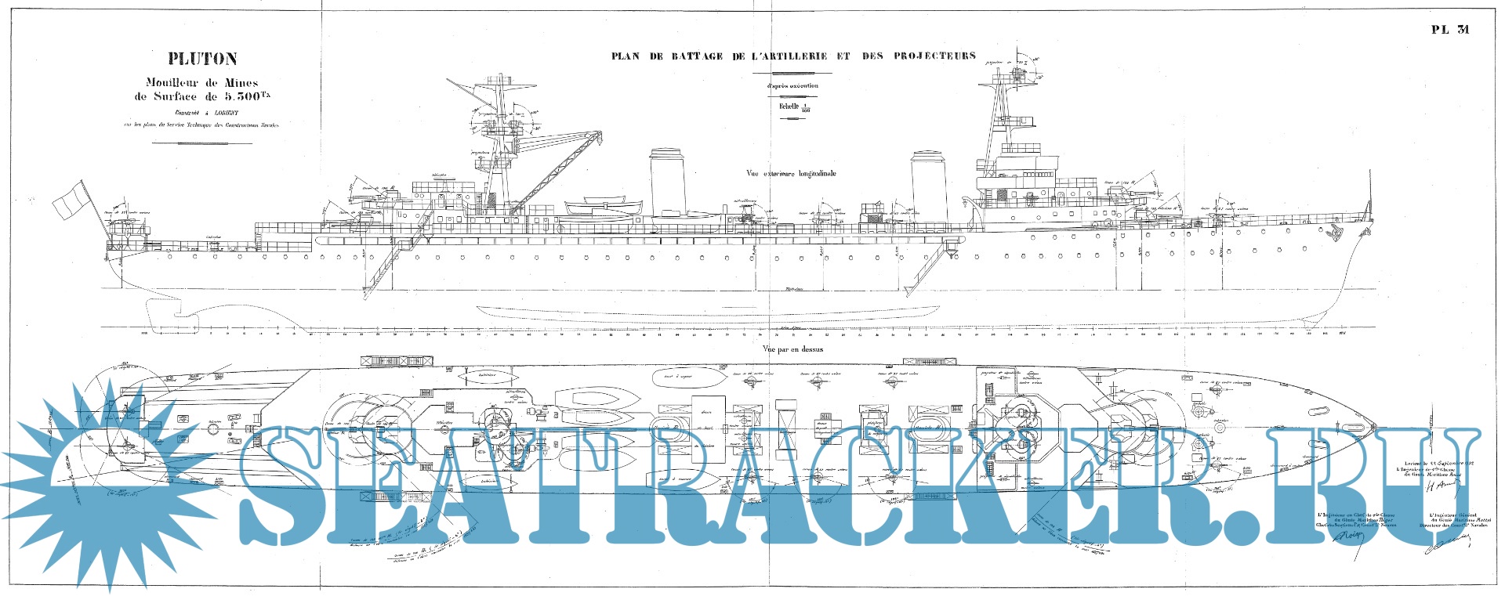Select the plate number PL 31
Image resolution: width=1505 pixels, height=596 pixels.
(1450, 52)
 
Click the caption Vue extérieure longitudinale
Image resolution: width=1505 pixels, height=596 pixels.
(790, 174)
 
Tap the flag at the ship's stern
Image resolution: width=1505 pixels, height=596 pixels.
(69, 199)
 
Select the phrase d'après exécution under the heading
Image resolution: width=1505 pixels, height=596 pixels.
(792, 86)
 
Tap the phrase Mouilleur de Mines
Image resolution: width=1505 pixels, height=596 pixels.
(202, 82)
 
